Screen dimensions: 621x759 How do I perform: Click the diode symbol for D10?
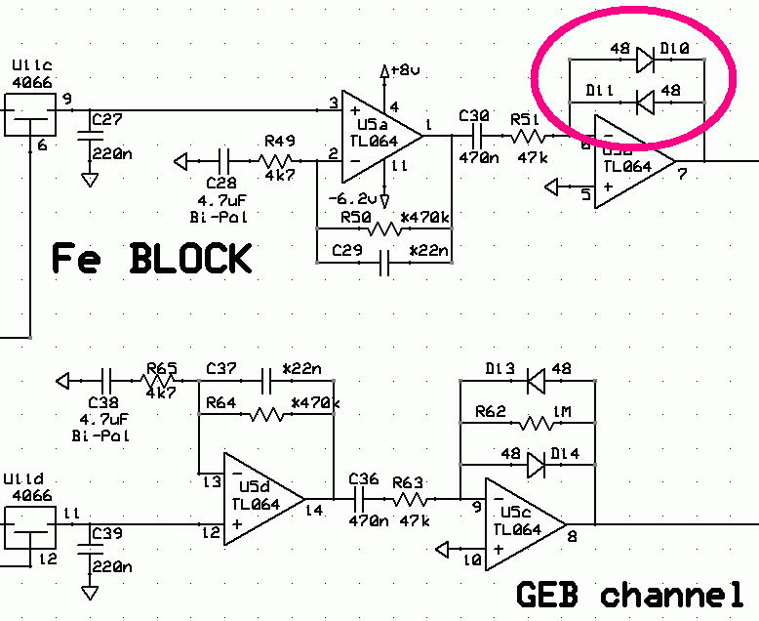(x=645, y=61)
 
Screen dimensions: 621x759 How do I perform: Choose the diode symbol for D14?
(x=535, y=466)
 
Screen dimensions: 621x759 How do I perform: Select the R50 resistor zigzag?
(x=381, y=230)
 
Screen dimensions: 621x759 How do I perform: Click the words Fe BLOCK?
(x=151, y=259)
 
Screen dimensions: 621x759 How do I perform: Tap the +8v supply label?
(x=403, y=70)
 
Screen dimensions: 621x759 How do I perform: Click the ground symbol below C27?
(x=90, y=181)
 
